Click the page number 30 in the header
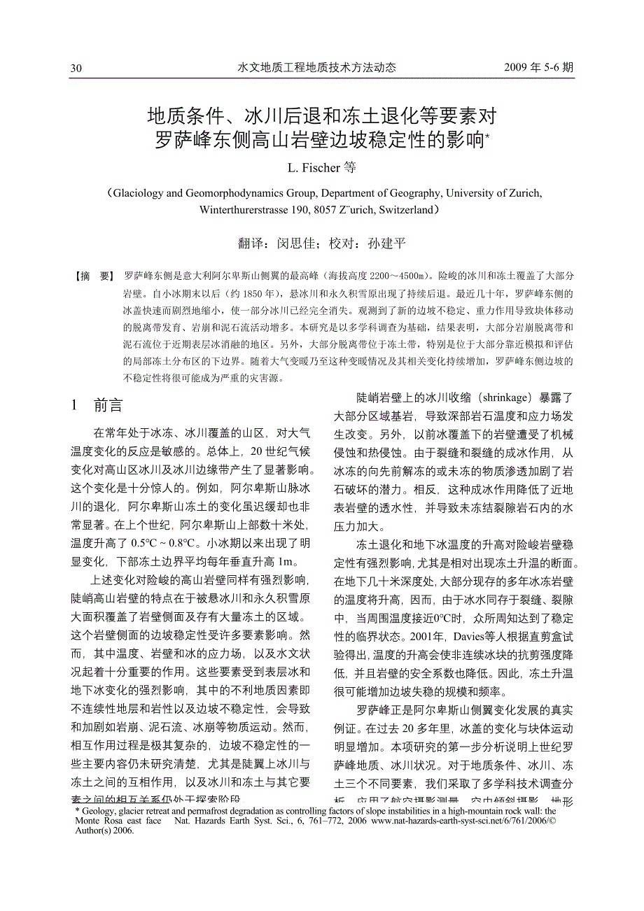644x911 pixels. click(76, 68)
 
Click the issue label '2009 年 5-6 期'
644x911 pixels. click(538, 67)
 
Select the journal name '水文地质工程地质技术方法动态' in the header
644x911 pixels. click(317, 67)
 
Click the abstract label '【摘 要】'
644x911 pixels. click(94, 276)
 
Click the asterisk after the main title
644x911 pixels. click(487, 134)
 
